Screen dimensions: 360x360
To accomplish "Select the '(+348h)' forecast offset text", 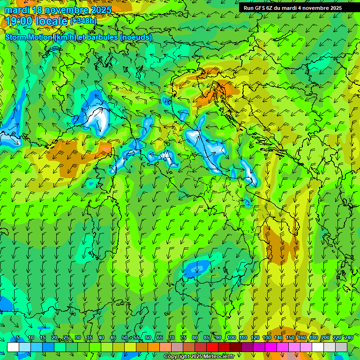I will point(83,21).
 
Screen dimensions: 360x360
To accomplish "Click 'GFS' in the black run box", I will point(260,8).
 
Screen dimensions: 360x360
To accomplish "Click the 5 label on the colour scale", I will point(18,338).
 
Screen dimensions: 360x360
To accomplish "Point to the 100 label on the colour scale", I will point(231,338).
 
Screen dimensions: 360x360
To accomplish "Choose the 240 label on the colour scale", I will point(349,338).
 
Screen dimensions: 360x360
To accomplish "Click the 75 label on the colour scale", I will point(183,338).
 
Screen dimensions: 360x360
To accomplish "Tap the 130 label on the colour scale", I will point(267,338).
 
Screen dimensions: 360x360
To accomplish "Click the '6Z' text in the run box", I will point(270,8).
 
